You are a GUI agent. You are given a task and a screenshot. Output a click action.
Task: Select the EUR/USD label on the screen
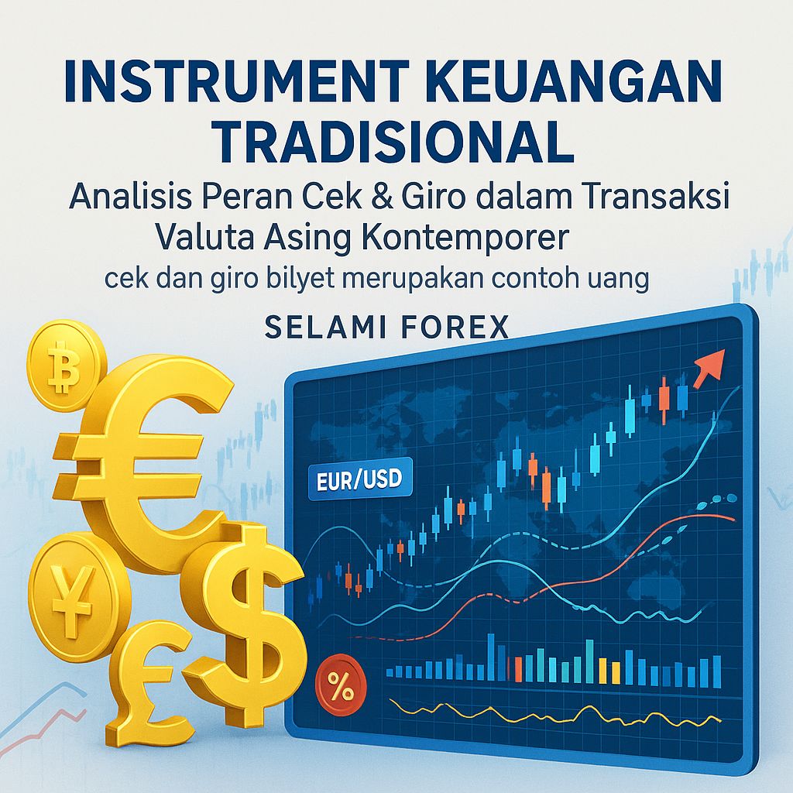pos(359,481)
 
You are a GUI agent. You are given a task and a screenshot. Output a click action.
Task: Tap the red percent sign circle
pos(338,684)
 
